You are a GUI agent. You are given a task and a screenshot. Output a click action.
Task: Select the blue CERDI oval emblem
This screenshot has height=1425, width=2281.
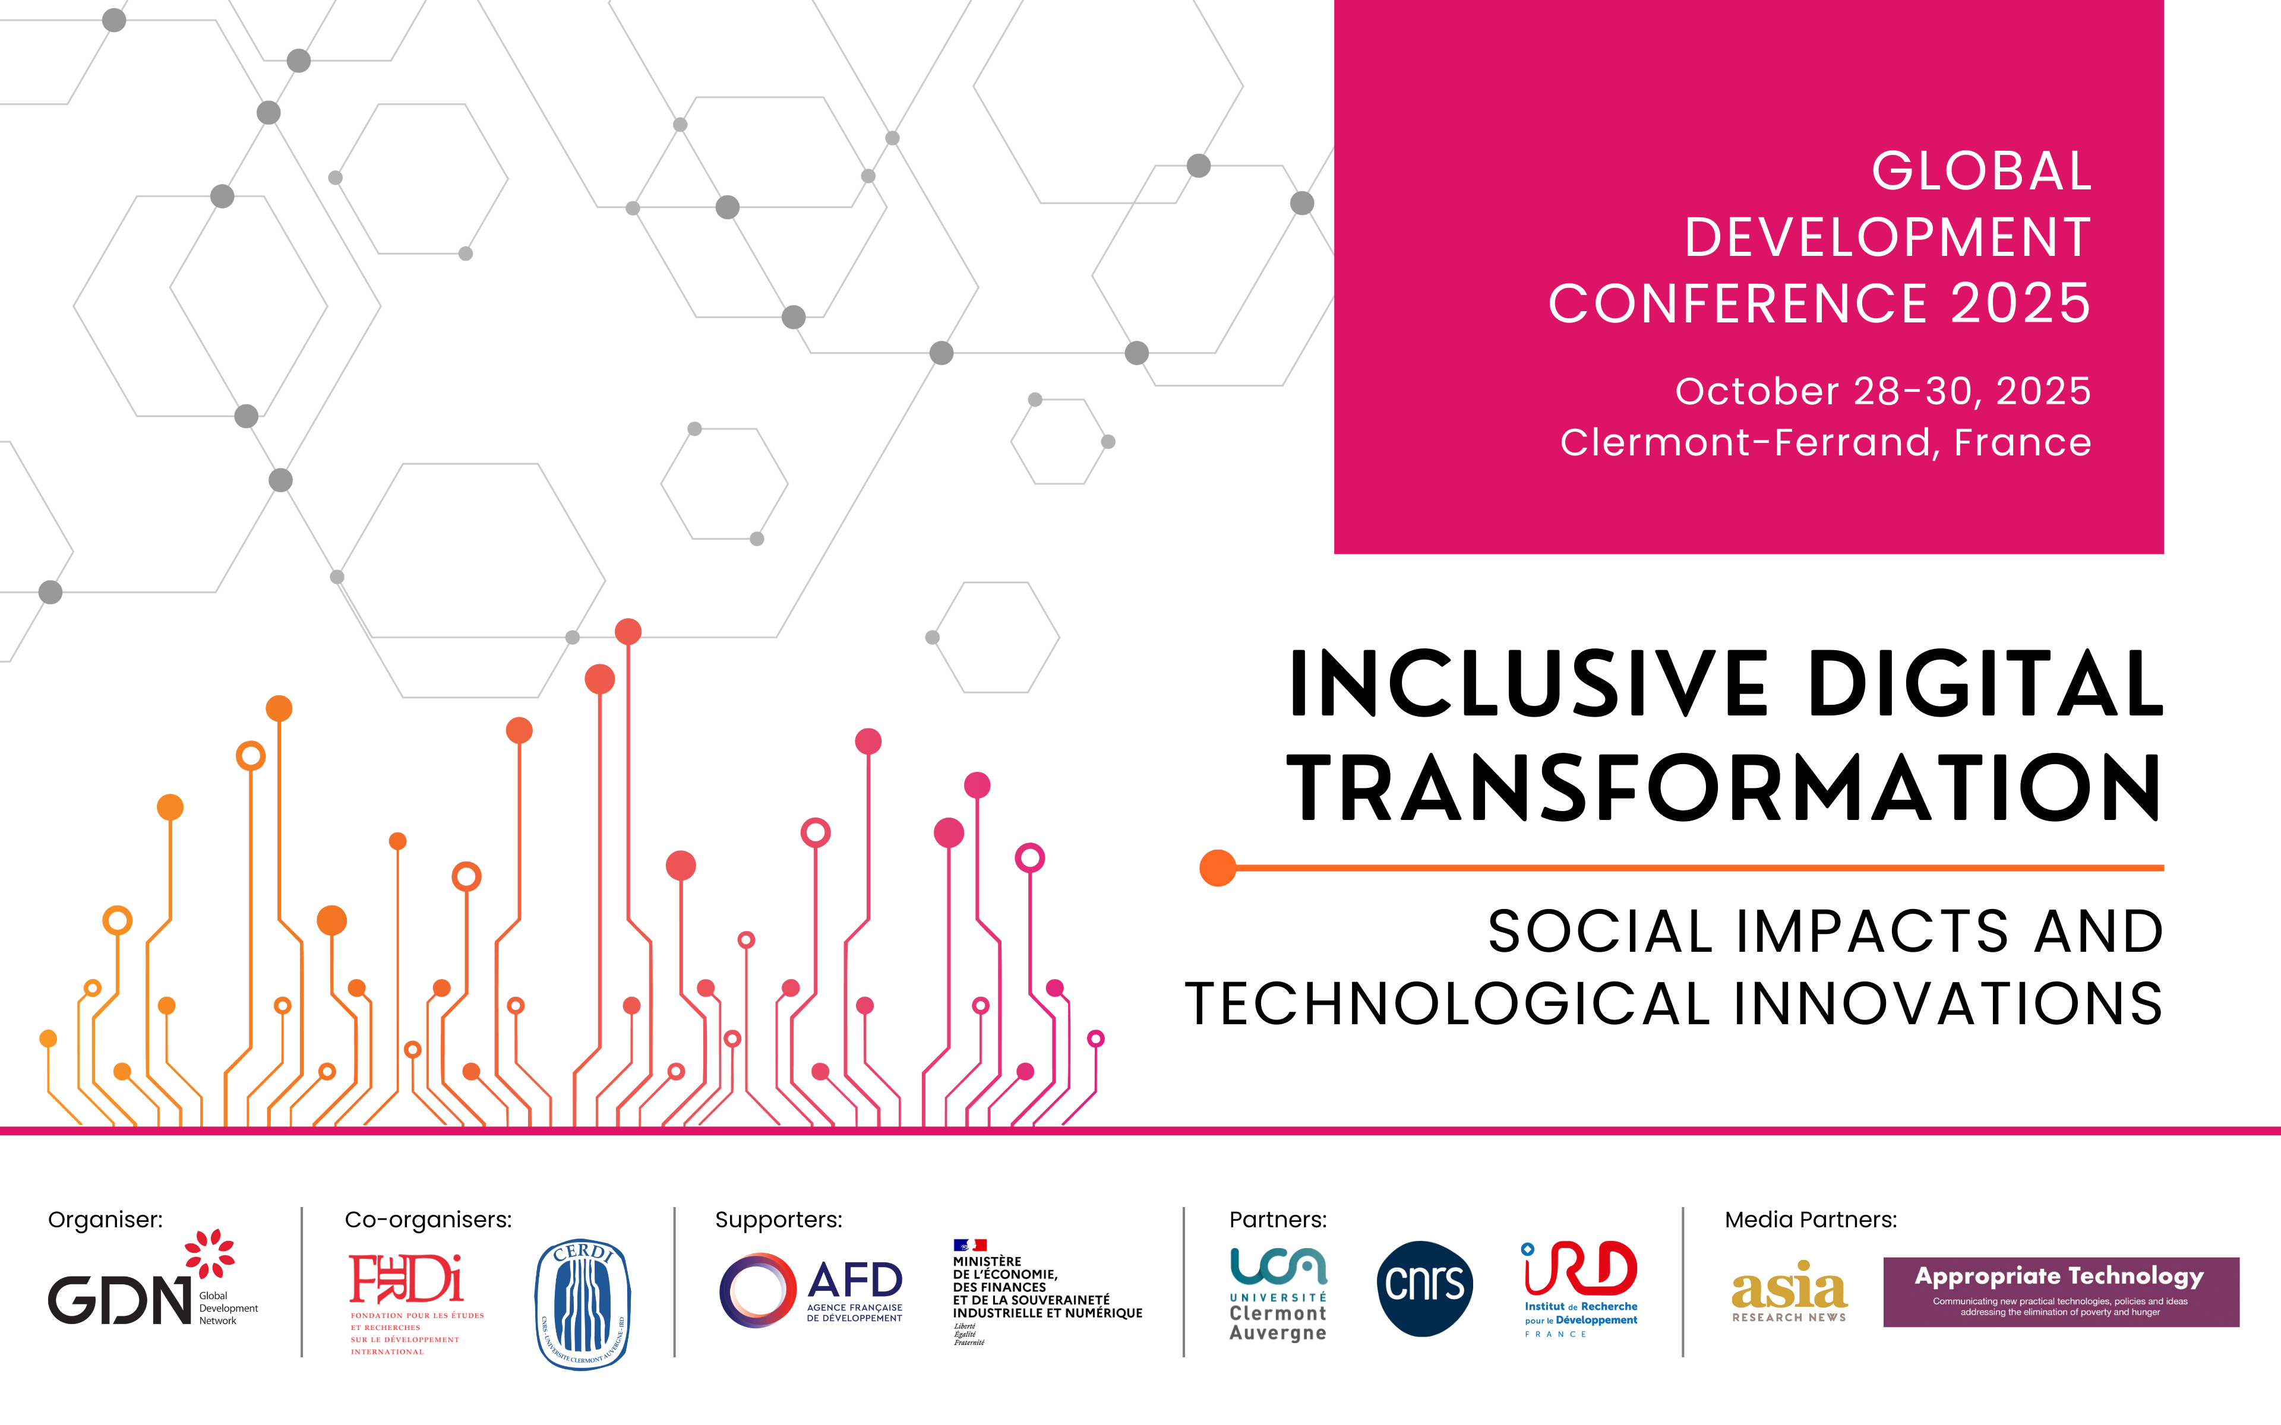583,1303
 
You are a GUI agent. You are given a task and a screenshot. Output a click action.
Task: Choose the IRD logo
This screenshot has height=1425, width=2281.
1581,1287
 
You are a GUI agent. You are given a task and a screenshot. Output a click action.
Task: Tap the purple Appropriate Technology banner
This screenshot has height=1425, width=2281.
2061,1291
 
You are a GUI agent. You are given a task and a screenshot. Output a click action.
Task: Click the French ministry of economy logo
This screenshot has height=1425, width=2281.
1046,1291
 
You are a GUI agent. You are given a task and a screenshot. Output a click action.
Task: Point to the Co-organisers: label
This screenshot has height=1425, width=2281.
428,1220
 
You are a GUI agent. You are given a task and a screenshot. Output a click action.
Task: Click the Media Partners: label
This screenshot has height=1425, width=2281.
1810,1220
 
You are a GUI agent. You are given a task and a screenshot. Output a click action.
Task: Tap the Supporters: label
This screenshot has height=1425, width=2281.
779,1220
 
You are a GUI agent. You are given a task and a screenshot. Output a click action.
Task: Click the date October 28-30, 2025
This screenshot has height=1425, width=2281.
1882,391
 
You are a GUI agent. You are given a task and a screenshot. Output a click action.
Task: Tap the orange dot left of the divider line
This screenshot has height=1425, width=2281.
1217,867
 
